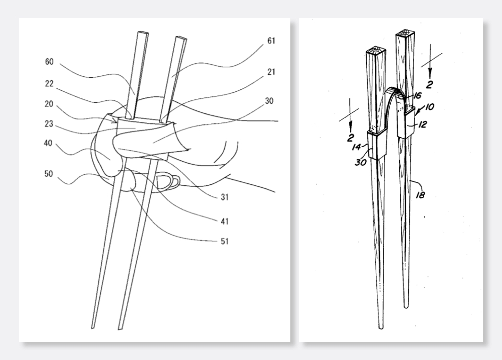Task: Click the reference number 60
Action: click(49, 61)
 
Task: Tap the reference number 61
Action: click(271, 41)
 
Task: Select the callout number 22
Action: click(49, 84)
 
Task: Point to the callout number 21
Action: click(271, 72)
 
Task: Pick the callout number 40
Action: click(48, 143)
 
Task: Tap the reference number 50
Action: click(48, 174)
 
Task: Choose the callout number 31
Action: click(225, 197)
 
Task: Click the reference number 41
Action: click(225, 221)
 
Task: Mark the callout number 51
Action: click(225, 241)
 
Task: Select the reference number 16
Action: click(417, 96)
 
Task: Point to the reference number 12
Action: click(423, 124)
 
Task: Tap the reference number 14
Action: click(356, 147)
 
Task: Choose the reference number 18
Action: click(420, 194)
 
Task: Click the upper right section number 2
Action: click(430, 84)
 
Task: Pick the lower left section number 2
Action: click(350, 138)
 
